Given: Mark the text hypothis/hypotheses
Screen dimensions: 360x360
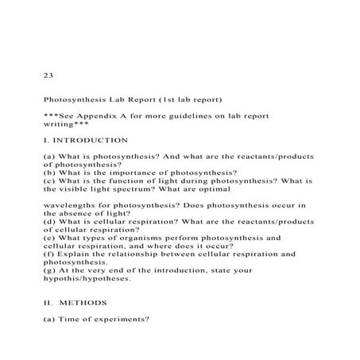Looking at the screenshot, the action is [x=88, y=279].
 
